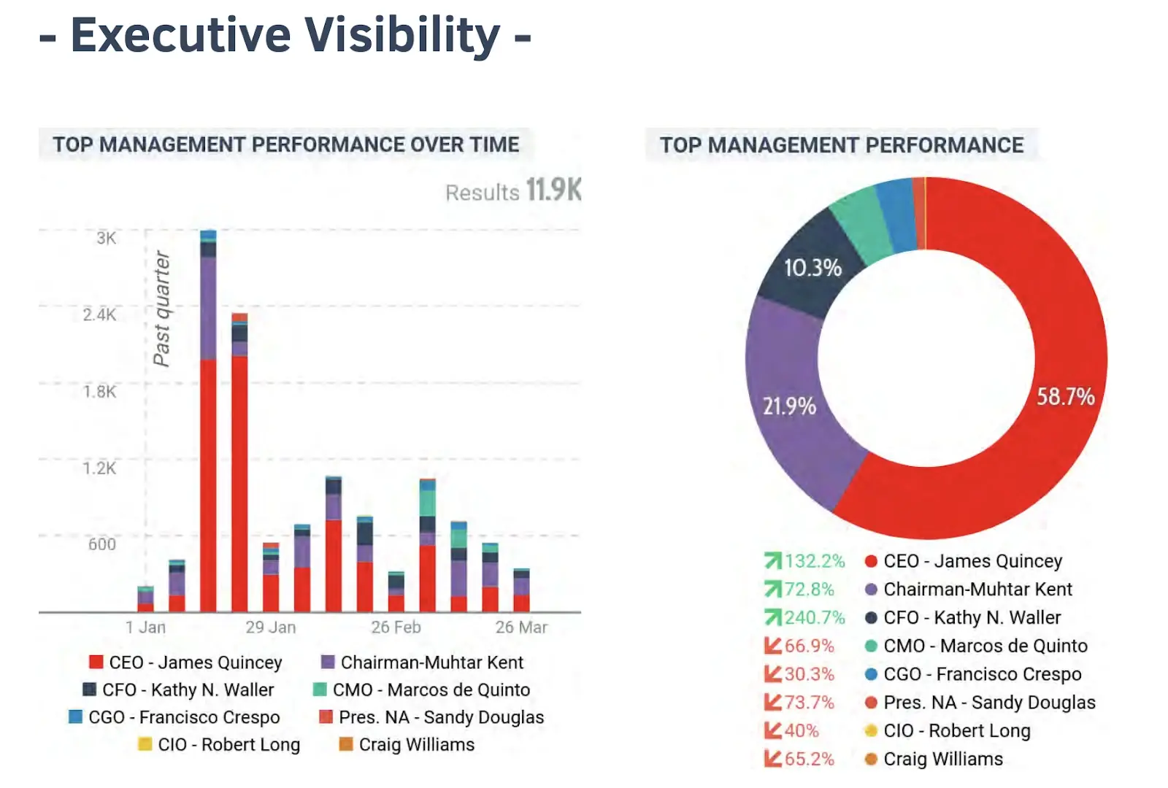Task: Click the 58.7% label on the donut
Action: (x=1065, y=397)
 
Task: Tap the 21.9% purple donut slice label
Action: (x=789, y=406)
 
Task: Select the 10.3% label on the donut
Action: (x=812, y=268)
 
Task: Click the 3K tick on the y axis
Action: (x=106, y=238)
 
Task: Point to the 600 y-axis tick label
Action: (x=102, y=544)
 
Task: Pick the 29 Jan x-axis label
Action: (x=271, y=627)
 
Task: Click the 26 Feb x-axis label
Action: (x=396, y=627)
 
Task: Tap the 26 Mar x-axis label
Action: (x=521, y=627)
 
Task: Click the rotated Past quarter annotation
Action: (x=161, y=308)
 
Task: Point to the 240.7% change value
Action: (x=814, y=618)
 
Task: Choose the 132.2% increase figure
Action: (x=814, y=561)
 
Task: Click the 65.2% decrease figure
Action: (x=809, y=759)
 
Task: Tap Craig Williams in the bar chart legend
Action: (x=416, y=745)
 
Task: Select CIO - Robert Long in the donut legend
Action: (x=956, y=731)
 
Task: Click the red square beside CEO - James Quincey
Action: (x=96, y=663)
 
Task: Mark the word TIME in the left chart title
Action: (x=495, y=144)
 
